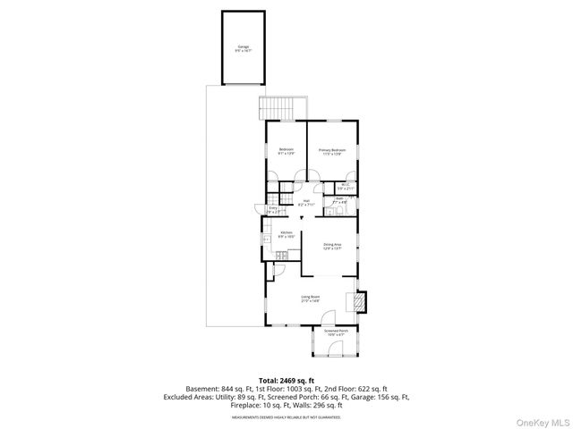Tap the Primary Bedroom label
point(331,151)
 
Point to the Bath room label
point(339,201)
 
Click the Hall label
point(305,203)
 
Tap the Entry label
point(273,209)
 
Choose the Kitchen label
point(286,234)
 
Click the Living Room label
point(310,299)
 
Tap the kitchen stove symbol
point(280,257)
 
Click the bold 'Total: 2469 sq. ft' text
point(286,381)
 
